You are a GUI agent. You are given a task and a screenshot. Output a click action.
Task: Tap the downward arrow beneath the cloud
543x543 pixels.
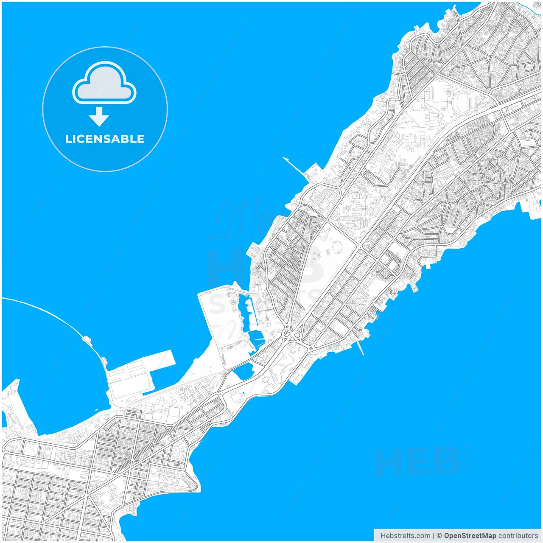tap(99, 117)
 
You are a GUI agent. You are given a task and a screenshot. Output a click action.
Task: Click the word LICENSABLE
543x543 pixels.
tap(105, 139)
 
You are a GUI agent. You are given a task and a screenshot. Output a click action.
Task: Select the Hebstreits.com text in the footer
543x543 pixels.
tap(405, 535)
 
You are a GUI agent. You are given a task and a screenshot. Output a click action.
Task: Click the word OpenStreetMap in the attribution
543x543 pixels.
tap(470, 535)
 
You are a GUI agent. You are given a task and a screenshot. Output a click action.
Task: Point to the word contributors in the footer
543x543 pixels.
tap(518, 535)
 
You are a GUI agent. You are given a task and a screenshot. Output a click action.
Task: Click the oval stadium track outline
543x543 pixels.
tap(462, 101)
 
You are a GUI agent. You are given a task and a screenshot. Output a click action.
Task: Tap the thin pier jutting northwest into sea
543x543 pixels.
tap(293, 165)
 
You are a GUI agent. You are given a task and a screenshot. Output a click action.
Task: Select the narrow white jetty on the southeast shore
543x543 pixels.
tap(361, 348)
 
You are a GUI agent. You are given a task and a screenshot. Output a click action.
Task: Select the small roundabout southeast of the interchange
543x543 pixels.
tap(311, 348)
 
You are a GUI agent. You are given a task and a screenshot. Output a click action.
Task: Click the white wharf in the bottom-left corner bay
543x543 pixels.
tap(11, 403)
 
